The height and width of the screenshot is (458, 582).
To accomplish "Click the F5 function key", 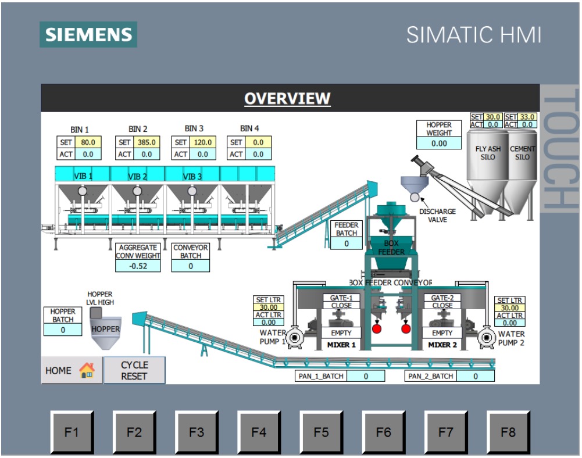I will tap(321, 432).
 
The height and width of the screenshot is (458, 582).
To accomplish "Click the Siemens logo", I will tap(88, 34).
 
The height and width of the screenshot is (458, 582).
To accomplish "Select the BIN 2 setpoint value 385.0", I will tap(145, 142).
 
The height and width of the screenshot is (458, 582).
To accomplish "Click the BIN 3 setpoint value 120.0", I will tap(201, 142).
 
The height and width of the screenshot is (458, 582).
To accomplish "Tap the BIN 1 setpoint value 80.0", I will tap(88, 142).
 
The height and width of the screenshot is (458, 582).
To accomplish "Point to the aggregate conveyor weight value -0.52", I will tap(138, 266).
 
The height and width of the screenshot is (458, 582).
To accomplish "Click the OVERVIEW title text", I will tap(287, 99).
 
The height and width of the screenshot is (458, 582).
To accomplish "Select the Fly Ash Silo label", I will tap(488, 153).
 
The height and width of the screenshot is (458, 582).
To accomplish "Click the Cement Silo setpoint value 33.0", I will tap(527, 117).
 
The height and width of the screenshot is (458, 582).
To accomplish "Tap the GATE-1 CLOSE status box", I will tap(341, 301).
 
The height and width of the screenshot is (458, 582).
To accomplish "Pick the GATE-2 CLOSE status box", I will tap(442, 301).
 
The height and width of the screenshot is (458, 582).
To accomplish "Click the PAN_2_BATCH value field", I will tap(475, 376).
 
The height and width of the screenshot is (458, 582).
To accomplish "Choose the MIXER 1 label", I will tap(341, 345).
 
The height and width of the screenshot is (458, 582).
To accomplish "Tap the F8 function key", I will tap(508, 432).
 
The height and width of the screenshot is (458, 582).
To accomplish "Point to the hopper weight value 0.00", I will tap(439, 143).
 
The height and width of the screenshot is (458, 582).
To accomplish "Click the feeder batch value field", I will tap(347, 244).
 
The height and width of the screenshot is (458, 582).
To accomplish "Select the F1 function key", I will tap(72, 432).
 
